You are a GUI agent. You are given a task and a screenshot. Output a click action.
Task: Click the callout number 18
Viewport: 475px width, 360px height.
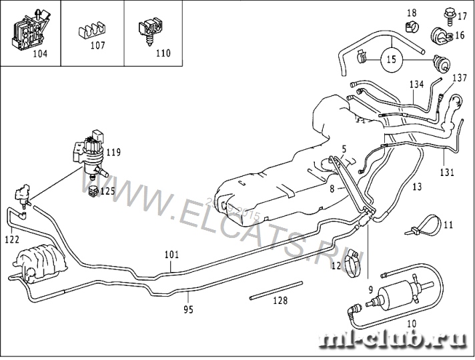[412, 13]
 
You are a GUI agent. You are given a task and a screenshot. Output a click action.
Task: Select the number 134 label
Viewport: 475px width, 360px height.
[416, 85]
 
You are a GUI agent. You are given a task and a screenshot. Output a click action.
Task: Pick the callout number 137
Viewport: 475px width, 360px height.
[460, 78]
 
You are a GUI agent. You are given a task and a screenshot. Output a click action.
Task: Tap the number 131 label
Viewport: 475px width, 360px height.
[446, 172]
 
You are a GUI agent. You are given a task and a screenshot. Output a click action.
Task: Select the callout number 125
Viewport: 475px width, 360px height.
[107, 191]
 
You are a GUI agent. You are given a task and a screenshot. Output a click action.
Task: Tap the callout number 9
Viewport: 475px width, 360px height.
[370, 289]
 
